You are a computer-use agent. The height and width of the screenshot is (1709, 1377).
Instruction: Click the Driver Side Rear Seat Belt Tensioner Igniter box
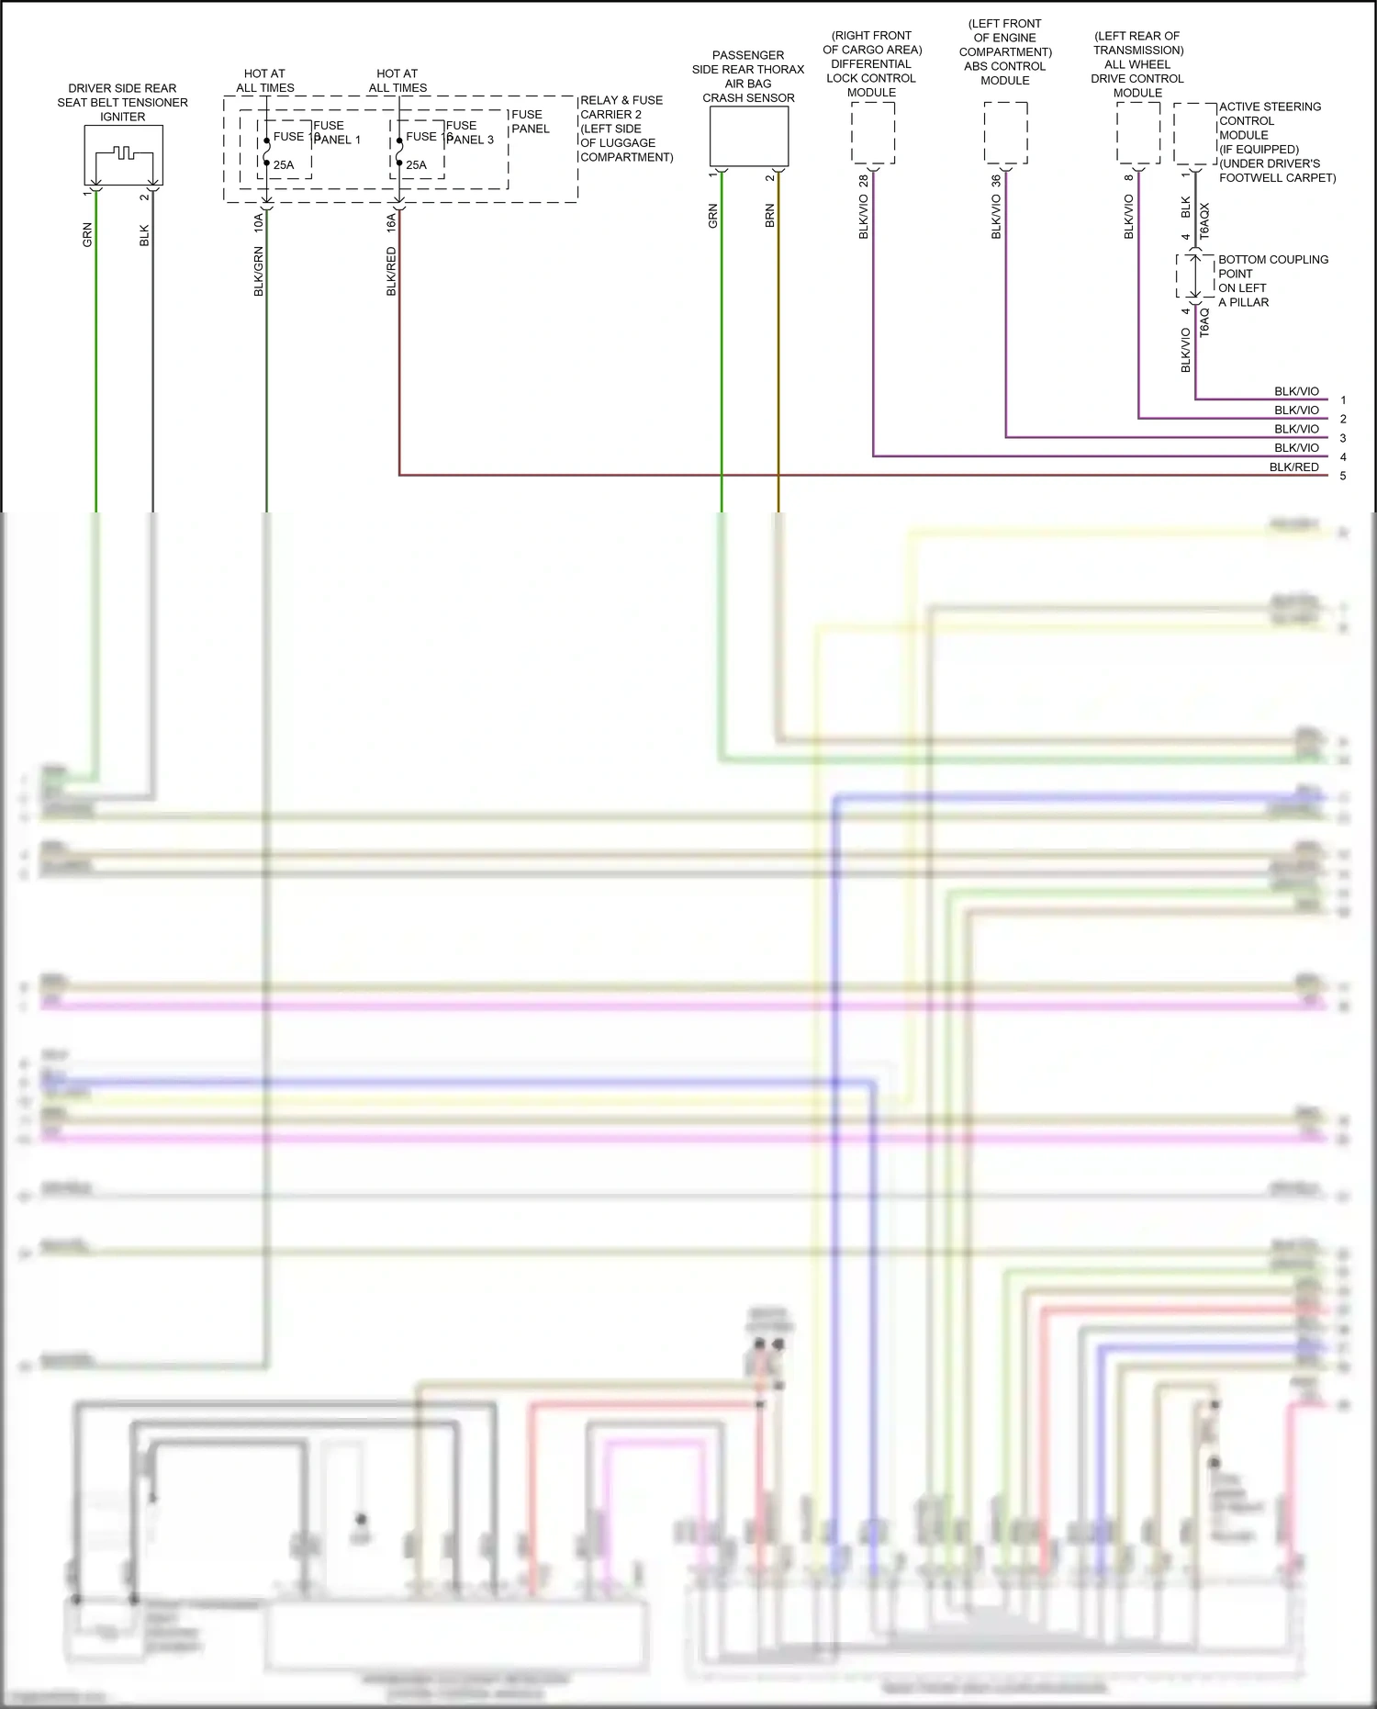click(x=123, y=154)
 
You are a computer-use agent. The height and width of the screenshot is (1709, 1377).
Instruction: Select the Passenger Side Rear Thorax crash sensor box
click(x=749, y=136)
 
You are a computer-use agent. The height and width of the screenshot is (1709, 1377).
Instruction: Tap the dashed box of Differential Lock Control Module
click(x=872, y=133)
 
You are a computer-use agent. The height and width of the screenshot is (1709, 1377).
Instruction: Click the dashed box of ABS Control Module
click(x=1005, y=133)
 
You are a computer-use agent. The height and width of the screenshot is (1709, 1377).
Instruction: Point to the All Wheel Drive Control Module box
click(x=1137, y=133)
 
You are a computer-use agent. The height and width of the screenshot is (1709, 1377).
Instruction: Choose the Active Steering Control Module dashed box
click(x=1195, y=133)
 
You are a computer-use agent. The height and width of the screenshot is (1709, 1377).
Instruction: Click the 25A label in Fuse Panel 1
click(x=284, y=165)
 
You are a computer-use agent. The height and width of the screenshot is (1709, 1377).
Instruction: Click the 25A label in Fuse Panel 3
click(x=416, y=165)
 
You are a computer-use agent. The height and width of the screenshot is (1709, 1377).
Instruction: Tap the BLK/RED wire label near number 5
click(x=1293, y=467)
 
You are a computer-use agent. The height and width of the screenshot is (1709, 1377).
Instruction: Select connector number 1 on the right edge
click(x=1343, y=400)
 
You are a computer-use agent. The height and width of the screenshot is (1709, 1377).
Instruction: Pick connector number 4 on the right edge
click(x=1343, y=457)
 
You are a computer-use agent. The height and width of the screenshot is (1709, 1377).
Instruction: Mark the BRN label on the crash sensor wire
click(x=769, y=216)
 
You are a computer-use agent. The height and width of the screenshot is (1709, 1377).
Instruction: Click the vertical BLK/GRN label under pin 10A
click(x=259, y=271)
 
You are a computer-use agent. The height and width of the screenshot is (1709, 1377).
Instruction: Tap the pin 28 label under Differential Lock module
click(x=863, y=181)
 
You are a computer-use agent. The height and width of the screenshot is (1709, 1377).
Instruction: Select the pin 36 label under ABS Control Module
click(x=996, y=181)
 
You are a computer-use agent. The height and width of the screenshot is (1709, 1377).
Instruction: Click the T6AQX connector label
click(x=1204, y=221)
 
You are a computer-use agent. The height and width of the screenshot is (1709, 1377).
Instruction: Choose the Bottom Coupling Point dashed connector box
click(x=1195, y=276)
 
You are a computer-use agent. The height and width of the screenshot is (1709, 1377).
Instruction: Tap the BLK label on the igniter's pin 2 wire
click(x=144, y=235)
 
